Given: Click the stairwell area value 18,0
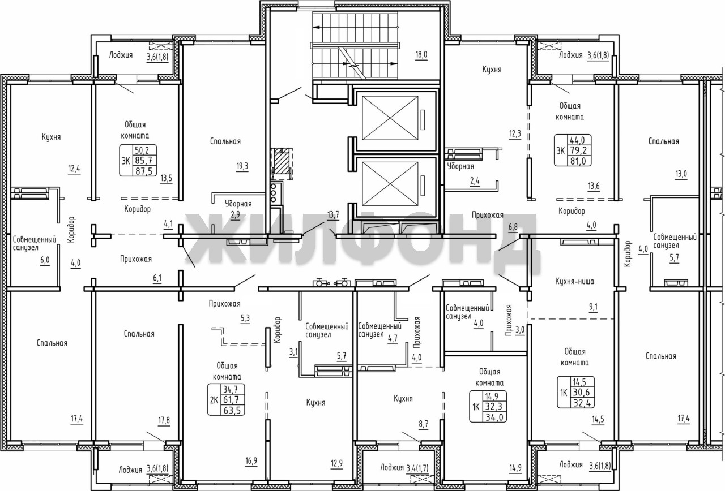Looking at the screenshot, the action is (x=421, y=54).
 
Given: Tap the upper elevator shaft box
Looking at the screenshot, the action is (x=390, y=118).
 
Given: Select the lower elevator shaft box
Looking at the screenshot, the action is (x=390, y=184).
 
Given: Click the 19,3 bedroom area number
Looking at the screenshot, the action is (x=242, y=166).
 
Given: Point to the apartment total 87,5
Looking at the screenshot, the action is (x=144, y=171).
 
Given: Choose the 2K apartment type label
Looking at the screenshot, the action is (x=214, y=400).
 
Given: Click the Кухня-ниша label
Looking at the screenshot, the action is (x=574, y=281).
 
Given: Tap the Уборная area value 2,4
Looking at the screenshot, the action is (x=475, y=181).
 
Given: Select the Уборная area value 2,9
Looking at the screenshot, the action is (x=235, y=214).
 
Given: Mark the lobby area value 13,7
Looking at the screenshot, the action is (x=333, y=214).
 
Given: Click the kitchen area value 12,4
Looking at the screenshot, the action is (x=74, y=169).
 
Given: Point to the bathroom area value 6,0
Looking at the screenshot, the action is (x=45, y=260).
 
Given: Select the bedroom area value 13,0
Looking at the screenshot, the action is (x=681, y=174).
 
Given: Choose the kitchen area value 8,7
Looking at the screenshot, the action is (x=423, y=424).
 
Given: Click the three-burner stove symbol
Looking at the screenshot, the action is (x=274, y=193).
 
